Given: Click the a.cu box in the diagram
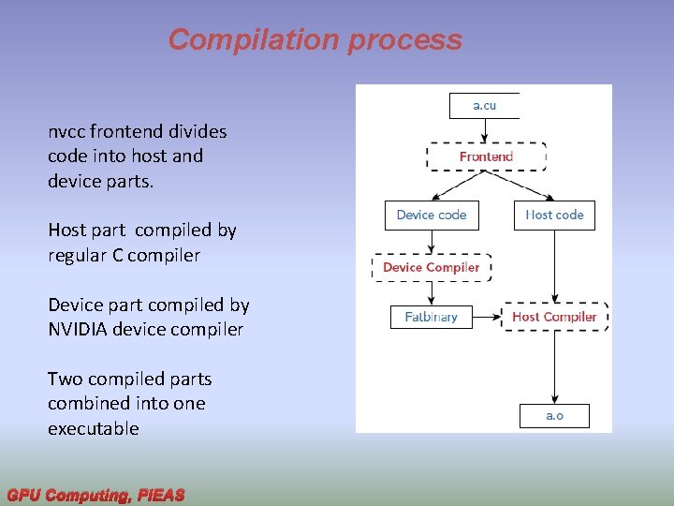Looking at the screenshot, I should tap(484, 105).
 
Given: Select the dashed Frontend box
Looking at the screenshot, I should tap(486, 156).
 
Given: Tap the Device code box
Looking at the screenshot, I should tap(432, 215).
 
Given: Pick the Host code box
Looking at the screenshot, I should tap(554, 215).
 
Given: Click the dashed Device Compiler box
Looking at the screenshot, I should tap(432, 267).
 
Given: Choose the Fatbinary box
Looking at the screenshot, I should tap(432, 317).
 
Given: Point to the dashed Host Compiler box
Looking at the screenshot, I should tap(554, 317).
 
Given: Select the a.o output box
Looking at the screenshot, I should tap(554, 415).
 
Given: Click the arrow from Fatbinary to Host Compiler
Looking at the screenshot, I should tap(487, 317).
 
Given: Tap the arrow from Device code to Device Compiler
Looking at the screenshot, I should tap(432, 241).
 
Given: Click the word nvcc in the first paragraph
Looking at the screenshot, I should tap(66, 132).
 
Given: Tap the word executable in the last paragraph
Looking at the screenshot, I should tap(94, 428).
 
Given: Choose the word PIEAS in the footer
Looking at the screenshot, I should tap(160, 495).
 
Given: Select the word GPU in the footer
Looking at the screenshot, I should tap(24, 495).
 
